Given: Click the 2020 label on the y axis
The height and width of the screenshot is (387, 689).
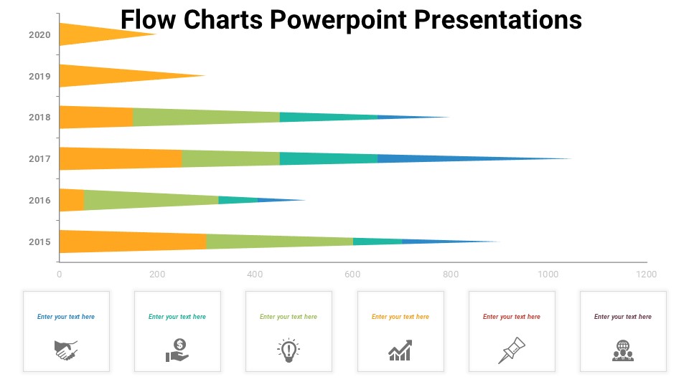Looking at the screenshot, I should [x=39, y=34].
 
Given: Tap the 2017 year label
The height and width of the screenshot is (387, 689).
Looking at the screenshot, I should [x=39, y=158].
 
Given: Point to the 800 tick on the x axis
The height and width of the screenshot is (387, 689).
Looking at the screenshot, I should [x=451, y=274].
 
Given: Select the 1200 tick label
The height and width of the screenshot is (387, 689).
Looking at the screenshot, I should [x=647, y=274].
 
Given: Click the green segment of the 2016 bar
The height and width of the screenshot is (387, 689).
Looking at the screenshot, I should [x=151, y=200].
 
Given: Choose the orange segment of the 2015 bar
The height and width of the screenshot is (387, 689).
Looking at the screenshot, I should [x=133, y=242].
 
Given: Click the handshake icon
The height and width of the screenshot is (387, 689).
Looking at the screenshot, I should [x=66, y=350].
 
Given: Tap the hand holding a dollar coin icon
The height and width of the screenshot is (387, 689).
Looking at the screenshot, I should [x=177, y=350].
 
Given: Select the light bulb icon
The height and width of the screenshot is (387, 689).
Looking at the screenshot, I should [x=289, y=349].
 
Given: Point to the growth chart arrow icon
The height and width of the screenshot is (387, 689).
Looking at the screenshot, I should [x=400, y=350].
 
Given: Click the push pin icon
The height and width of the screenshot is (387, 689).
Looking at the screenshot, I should [x=511, y=350].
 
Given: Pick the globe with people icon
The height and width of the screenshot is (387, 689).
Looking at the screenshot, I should [x=623, y=350].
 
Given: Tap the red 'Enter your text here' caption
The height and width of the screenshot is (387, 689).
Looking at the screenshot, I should [x=512, y=317].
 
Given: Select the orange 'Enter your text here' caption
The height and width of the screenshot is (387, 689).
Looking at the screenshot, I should [x=400, y=317].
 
